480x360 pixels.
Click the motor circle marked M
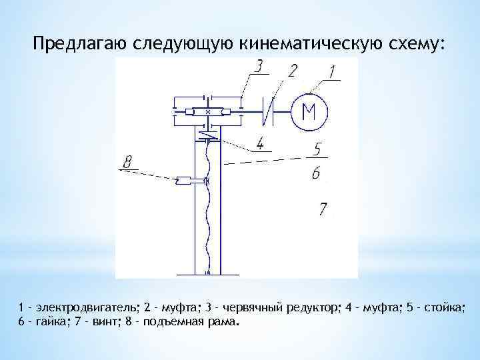pyautogui.click(x=309, y=111)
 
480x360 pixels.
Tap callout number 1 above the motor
pyautogui.click(x=334, y=71)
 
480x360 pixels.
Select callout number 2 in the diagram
pyautogui.click(x=292, y=71)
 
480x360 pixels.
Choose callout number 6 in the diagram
pyautogui.click(x=315, y=173)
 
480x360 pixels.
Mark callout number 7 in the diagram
pyautogui.click(x=323, y=209)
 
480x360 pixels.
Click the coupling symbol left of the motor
pyautogui.click(x=271, y=111)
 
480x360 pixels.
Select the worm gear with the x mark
pyautogui.click(x=209, y=111)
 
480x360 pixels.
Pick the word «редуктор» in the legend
pyautogui.click(x=314, y=308)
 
